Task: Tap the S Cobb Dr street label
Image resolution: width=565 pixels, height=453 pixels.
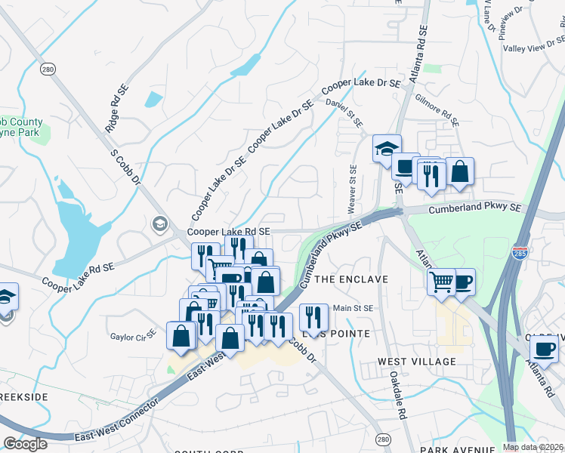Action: click(126, 167)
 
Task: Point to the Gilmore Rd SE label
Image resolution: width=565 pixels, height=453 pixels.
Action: click(437, 109)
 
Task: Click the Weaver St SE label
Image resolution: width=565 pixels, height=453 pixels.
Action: click(352, 185)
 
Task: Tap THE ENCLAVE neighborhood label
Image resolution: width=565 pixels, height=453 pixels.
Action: click(350, 279)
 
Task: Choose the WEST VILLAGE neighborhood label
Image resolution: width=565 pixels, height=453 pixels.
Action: click(417, 362)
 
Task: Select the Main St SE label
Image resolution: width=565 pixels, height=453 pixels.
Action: click(354, 308)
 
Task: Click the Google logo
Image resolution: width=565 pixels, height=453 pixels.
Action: click(25, 444)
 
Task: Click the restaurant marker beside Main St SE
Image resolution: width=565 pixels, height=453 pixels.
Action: click(313, 315)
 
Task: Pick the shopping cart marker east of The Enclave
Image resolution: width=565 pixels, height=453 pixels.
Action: click(441, 282)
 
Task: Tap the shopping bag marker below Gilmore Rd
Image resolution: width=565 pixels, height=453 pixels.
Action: click(459, 171)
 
